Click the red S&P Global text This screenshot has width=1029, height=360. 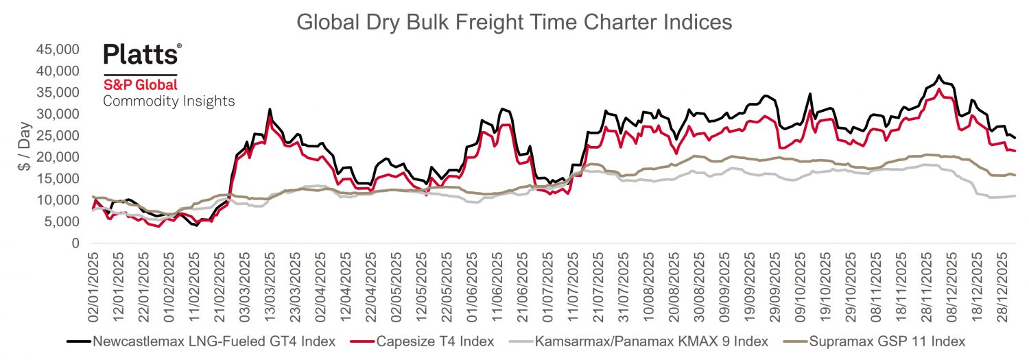pos(140,85)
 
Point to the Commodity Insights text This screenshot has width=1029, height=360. pos(169,101)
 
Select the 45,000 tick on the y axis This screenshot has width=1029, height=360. pos(67,49)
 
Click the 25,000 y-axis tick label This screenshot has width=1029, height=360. pos(67,136)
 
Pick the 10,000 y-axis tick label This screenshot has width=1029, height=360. pos(67,200)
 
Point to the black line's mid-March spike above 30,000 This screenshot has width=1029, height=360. pos(270,110)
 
